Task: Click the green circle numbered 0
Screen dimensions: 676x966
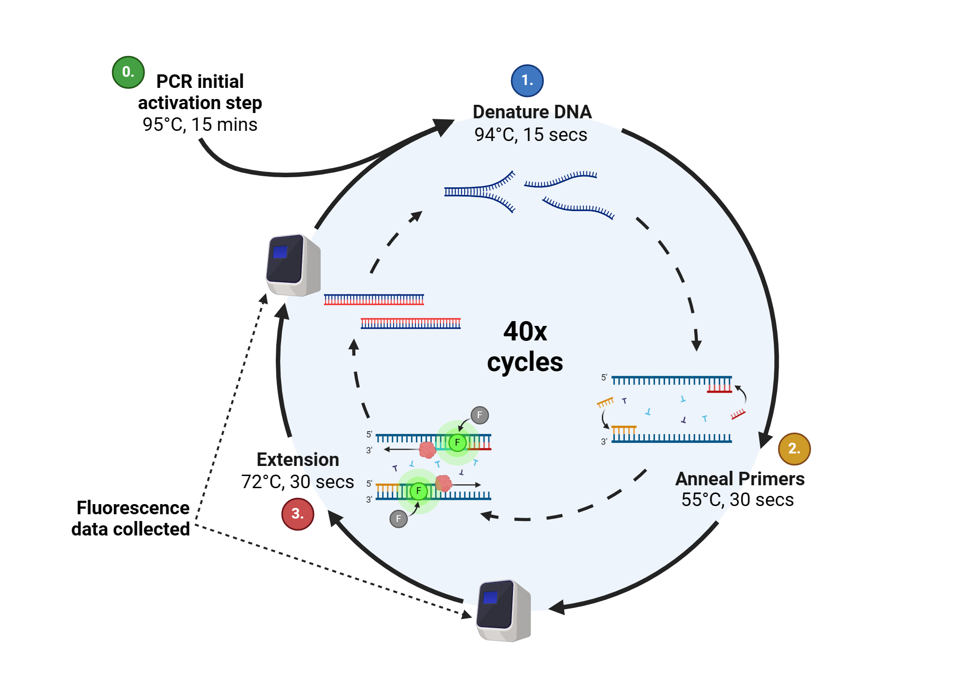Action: click(x=128, y=72)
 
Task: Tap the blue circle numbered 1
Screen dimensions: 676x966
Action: click(x=527, y=81)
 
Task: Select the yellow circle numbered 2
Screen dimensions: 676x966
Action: click(x=794, y=449)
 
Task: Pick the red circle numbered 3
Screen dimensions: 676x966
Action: click(x=298, y=514)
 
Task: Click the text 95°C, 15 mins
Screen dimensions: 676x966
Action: click(x=199, y=125)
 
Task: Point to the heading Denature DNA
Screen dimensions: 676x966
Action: click(x=532, y=112)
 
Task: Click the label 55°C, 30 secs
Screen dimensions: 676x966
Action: click(x=737, y=500)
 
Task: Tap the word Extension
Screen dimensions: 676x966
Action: click(x=298, y=460)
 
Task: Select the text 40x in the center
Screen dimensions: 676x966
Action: click(x=525, y=332)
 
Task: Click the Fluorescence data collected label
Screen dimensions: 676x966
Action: click(x=131, y=519)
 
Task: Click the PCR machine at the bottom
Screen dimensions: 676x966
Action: click(x=504, y=610)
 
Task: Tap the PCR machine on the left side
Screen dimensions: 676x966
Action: click(x=293, y=265)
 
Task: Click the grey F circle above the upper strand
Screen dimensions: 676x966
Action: click(x=479, y=415)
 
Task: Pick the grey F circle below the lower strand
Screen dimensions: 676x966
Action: click(x=398, y=519)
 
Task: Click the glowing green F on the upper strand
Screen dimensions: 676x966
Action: click(x=457, y=442)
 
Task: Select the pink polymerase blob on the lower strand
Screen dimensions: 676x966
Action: click(x=443, y=483)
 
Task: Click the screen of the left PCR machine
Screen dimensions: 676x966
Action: click(x=280, y=252)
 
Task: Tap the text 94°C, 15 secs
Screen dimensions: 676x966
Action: click(x=530, y=135)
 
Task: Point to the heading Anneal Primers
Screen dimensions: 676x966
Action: click(x=739, y=479)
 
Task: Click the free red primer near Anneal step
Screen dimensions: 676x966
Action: click(x=738, y=414)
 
